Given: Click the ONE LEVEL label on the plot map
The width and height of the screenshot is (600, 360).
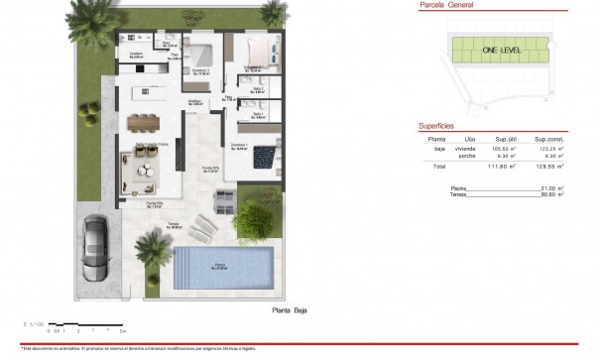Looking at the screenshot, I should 500,49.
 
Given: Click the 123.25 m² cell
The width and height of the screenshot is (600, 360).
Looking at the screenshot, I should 549,148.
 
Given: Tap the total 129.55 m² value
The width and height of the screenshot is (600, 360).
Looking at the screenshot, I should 549,167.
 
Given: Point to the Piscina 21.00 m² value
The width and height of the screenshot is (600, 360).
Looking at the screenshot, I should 551,187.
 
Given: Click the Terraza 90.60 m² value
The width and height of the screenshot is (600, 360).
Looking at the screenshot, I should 551,193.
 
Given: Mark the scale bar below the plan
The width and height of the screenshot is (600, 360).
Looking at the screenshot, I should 87,323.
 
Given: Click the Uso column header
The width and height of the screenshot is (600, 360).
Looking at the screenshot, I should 471,139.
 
